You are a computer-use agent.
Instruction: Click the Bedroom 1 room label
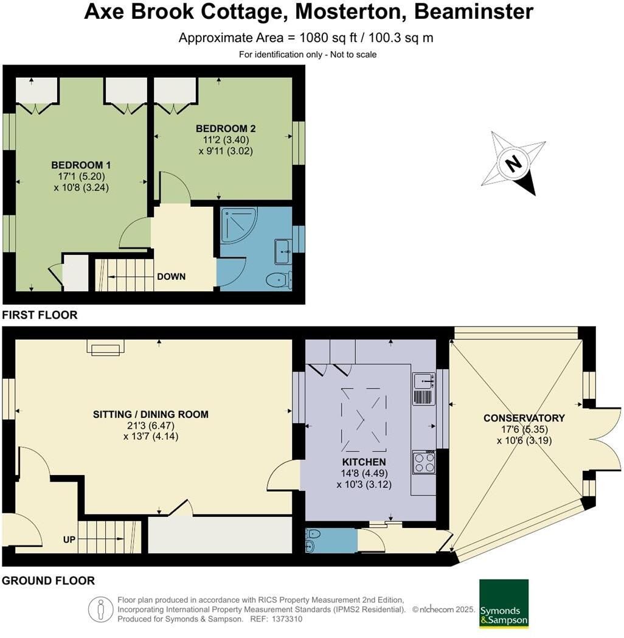81,165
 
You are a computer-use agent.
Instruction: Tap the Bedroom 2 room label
226,128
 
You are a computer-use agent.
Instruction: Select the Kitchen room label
364,462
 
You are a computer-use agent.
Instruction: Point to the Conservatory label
524,418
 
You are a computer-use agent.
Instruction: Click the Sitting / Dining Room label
150,414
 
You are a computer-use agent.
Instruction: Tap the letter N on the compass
514,164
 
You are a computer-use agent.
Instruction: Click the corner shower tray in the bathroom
238,226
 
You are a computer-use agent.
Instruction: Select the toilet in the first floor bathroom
279,279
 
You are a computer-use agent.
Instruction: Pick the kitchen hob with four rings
424,463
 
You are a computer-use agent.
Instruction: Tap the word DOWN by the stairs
172,277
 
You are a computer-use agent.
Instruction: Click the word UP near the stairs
69,539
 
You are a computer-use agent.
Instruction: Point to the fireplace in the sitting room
106,347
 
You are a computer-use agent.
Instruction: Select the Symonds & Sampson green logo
504,604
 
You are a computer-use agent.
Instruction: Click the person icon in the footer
100,609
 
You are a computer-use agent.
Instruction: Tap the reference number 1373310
287,619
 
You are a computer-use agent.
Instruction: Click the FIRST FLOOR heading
40,315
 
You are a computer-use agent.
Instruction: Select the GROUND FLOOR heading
49,581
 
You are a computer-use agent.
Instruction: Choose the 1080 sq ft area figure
328,38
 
